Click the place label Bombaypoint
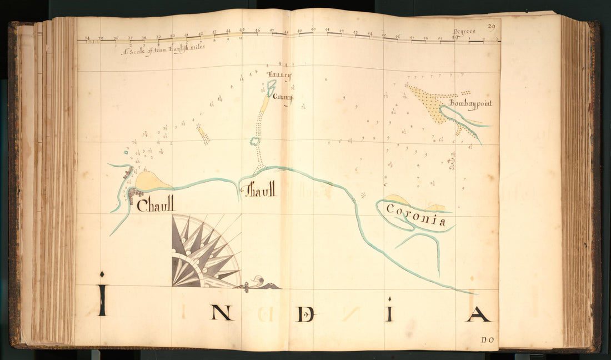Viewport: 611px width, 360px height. [470, 103]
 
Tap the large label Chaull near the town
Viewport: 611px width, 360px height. [155, 204]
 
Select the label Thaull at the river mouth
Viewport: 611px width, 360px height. [259, 190]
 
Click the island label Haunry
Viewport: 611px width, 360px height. [279, 76]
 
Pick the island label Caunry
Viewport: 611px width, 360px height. [282, 97]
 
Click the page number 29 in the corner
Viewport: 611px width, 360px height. [491, 26]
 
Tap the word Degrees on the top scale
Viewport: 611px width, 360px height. [464, 32]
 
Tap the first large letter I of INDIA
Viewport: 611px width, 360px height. [102, 300]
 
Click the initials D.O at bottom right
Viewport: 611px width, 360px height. [488, 339]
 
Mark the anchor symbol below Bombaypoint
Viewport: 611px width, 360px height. [452, 163]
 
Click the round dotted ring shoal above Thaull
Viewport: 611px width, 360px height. [255, 141]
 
